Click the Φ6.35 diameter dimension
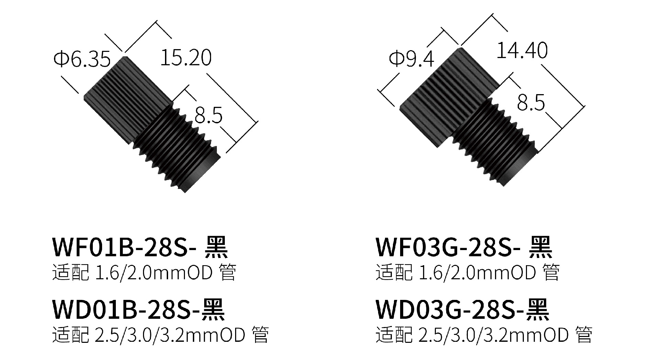click(82, 59)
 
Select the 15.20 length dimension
click(186, 57)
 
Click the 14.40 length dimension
click(522, 50)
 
